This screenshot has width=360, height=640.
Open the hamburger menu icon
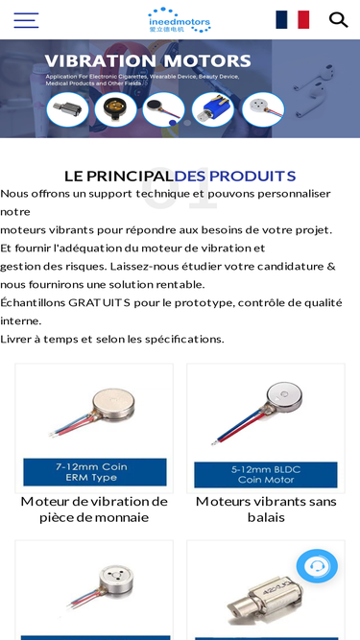(26, 20)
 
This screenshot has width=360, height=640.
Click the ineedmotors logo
(180, 19)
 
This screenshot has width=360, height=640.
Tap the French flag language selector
(292, 20)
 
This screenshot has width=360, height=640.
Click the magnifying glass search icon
(338, 20)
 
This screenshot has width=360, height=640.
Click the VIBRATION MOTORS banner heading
(148, 61)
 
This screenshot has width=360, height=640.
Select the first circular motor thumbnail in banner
(67, 109)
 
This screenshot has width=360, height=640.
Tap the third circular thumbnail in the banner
(163, 109)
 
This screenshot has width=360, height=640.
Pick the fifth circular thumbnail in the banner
(261, 109)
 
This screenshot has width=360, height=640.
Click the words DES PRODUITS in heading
(235, 176)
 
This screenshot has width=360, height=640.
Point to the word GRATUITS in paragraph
(109, 302)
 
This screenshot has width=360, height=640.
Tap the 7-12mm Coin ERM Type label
(94, 472)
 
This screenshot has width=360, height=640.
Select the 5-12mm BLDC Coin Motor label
(265, 474)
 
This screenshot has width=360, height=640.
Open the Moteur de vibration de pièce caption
(94, 509)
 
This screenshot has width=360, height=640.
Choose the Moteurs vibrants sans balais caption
(265, 509)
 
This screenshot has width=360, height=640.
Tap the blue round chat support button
(317, 566)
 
